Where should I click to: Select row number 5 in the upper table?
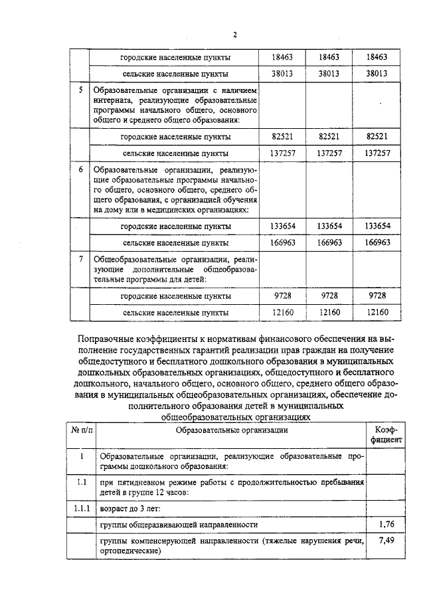pyautogui.click(x=81, y=90)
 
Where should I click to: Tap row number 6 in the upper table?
pyautogui.click(x=81, y=170)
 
